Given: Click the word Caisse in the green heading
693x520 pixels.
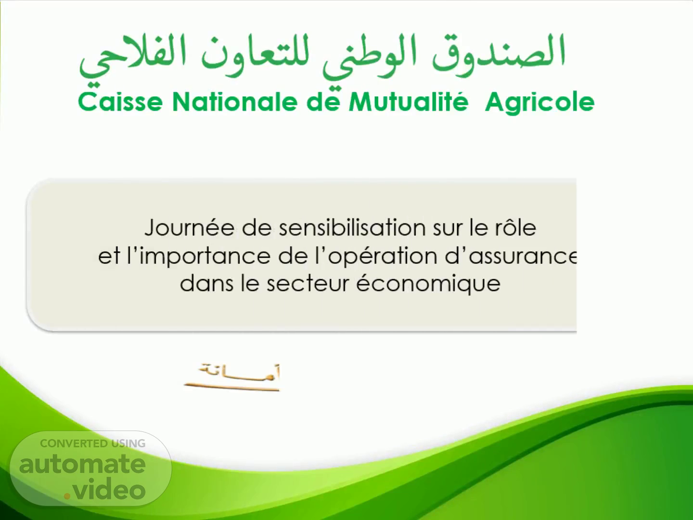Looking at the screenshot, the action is coord(120,102).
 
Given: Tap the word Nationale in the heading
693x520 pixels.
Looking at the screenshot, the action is coord(235,102).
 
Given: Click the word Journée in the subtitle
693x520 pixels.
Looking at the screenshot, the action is coord(190,228).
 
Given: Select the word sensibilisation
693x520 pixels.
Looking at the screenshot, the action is coord(352,227).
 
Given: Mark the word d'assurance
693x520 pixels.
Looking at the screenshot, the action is coord(511,255).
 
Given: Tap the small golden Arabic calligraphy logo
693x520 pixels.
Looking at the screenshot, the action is coord(232,377).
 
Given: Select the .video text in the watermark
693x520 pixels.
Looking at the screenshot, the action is coord(104,489).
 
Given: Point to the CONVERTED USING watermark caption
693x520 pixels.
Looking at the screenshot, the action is coord(92,443).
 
